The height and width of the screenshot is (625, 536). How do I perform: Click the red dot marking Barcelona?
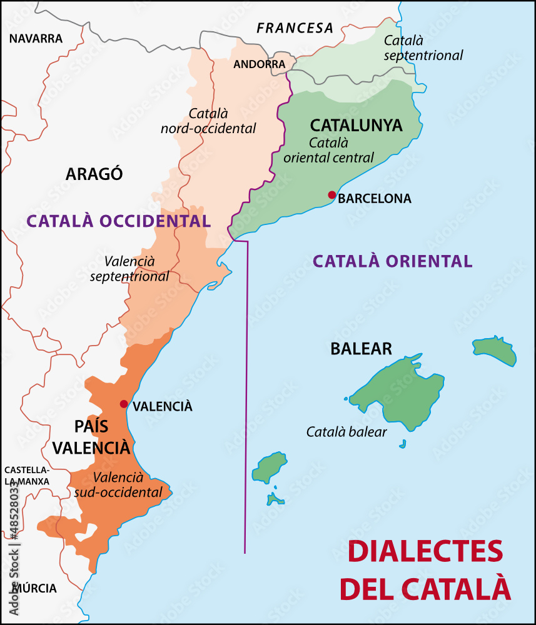331,195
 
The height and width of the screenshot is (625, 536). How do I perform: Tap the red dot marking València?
124,404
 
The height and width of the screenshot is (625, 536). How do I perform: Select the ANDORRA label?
259,64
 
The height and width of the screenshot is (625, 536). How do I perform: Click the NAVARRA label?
36,39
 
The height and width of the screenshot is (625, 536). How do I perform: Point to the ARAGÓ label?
94,174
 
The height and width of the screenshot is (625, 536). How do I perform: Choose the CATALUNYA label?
356,125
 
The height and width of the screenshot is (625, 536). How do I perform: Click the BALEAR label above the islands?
361,349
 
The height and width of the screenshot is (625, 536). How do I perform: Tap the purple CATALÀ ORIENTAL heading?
392,261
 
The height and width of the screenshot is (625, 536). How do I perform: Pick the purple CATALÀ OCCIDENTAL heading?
118,221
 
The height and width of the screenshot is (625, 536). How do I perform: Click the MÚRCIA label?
35,588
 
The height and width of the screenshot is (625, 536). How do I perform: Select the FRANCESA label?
295,28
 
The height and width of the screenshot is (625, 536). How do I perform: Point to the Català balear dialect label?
346,432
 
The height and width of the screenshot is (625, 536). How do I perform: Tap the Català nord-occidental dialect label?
208,121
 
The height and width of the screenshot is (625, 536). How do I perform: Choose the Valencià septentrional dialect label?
129,268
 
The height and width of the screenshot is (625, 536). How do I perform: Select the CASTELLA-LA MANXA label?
26,476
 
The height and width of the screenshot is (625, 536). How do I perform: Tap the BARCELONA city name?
375,199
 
